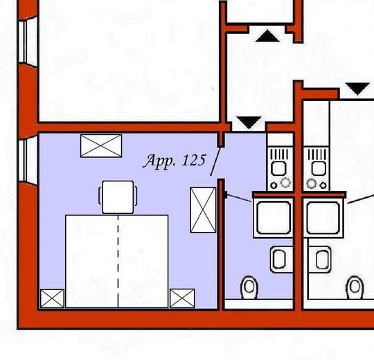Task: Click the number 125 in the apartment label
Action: pyautogui.click(x=193, y=160)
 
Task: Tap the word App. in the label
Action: pyautogui.click(x=159, y=161)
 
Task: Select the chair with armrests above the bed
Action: pyautogui.click(x=118, y=197)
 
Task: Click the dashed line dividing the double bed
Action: pyautogui.click(x=118, y=261)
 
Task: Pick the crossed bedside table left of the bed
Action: pyautogui.click(x=52, y=298)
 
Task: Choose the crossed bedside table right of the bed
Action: pyautogui.click(x=182, y=298)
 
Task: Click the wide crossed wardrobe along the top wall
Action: pyautogui.click(x=101, y=146)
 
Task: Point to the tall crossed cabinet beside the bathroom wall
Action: pyautogui.click(x=203, y=210)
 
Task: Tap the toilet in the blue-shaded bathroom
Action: pyautogui.click(x=249, y=287)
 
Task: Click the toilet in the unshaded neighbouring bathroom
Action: pyautogui.click(x=355, y=287)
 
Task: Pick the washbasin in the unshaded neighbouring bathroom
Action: pyautogui.click(x=320, y=260)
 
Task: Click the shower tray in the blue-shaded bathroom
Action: pyautogui.click(x=274, y=218)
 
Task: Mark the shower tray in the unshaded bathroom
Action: pyautogui.click(x=323, y=218)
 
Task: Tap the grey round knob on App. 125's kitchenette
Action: pyautogui.click(x=285, y=183)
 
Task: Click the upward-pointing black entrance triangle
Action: pyautogui.click(x=267, y=36)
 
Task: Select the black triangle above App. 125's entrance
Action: pyautogui.click(x=249, y=123)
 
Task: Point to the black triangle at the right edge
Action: pyautogui.click(x=357, y=89)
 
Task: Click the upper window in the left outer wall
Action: pyautogui.click(x=28, y=42)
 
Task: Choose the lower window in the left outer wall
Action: pyautogui.click(x=28, y=160)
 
